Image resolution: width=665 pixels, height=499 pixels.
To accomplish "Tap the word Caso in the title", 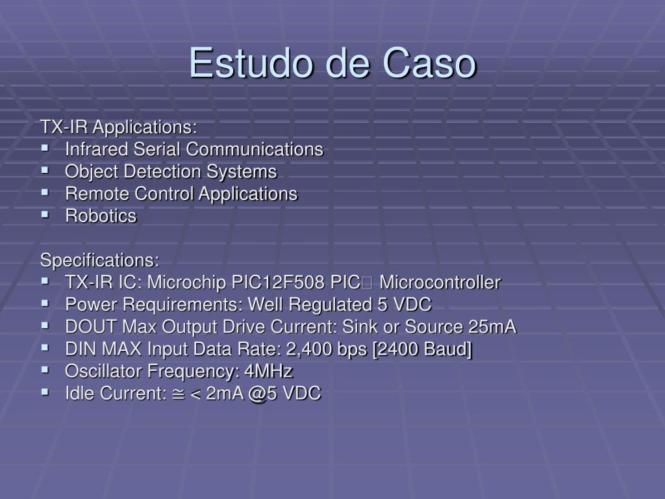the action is coord(429,63).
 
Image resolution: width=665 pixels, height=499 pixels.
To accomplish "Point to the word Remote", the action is coord(96,194).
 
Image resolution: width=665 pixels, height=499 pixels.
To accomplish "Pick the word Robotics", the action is coord(101,216).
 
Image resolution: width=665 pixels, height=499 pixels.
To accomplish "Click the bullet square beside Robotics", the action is coord(45,214).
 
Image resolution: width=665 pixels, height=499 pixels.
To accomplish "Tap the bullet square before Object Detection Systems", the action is coord(45,170).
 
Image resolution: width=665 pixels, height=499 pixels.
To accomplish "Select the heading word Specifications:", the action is coord(99,261).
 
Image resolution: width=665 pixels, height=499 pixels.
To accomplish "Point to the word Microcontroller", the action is coord(440,283).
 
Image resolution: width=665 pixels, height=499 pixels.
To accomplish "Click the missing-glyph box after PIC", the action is coord(368,283).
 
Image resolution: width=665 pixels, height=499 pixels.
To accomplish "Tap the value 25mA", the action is coord(492,327).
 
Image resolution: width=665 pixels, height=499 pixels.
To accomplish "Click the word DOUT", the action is coord(91,327).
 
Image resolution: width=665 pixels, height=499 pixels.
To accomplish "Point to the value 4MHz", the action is coord(268,371).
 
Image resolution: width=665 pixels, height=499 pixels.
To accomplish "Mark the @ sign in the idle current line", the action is coord(258,394).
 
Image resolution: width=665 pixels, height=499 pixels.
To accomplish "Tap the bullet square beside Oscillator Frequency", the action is coord(45,370).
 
